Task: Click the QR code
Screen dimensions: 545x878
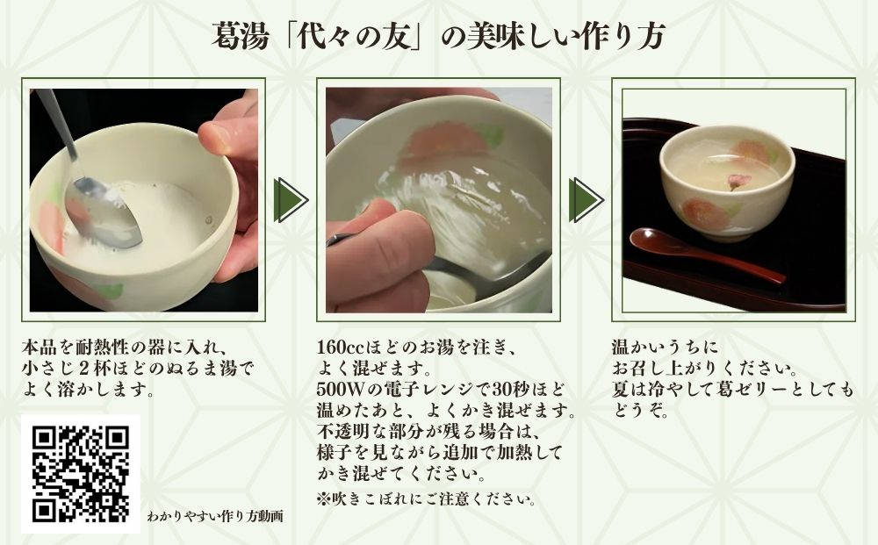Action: coord(80,474)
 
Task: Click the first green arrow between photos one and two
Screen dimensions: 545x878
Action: coord(291,200)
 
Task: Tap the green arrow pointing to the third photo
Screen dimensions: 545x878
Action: coord(586,200)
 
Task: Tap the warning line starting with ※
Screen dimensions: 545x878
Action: coord(426,499)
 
